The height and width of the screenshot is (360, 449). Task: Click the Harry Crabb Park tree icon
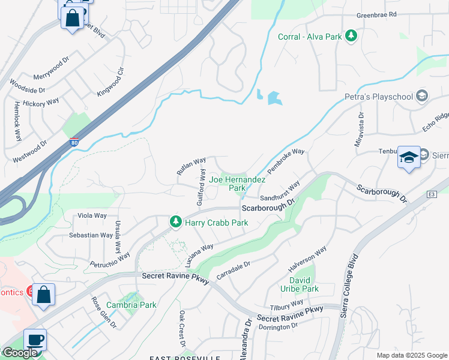click(176, 222)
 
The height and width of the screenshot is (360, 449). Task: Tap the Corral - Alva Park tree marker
click(351, 37)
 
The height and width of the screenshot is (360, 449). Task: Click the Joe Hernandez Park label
click(237, 184)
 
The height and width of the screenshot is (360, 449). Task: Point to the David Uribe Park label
click(300, 284)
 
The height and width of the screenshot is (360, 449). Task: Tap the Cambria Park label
click(131, 305)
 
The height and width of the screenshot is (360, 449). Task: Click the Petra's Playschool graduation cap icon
click(421, 96)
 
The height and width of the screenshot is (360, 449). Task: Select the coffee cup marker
click(35, 340)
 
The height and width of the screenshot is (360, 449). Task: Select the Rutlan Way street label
click(191, 166)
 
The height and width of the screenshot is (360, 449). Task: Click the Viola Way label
click(92, 215)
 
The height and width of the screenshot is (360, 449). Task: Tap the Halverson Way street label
click(308, 257)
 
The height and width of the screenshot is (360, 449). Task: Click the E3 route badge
click(431, 194)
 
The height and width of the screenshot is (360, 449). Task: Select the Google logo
click(19, 353)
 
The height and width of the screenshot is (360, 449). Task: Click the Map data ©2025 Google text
click(411, 355)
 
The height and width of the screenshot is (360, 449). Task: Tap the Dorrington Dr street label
click(278, 326)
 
